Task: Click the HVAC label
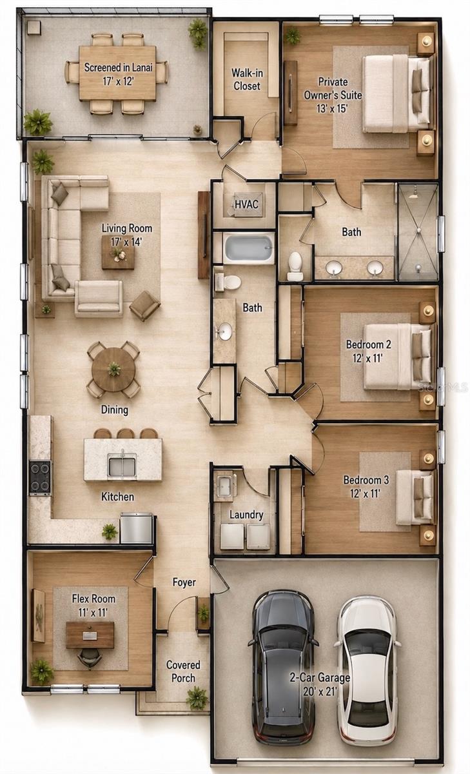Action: tap(246, 204)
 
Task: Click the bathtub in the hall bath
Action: tap(249, 248)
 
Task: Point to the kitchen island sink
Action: tap(122, 464)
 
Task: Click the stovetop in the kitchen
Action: tap(40, 478)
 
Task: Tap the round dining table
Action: tap(113, 370)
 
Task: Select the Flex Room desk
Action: tap(90, 635)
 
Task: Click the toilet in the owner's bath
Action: tap(295, 266)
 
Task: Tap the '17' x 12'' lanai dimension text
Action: tap(118, 81)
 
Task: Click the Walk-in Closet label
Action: tap(247, 79)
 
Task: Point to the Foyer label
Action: tap(184, 582)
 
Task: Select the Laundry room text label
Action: tap(246, 515)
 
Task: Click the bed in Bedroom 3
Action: tap(415, 497)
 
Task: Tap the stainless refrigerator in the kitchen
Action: tap(137, 528)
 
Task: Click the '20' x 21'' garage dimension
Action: tap(320, 691)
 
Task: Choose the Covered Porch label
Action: tap(183, 671)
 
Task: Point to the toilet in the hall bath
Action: tap(229, 282)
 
